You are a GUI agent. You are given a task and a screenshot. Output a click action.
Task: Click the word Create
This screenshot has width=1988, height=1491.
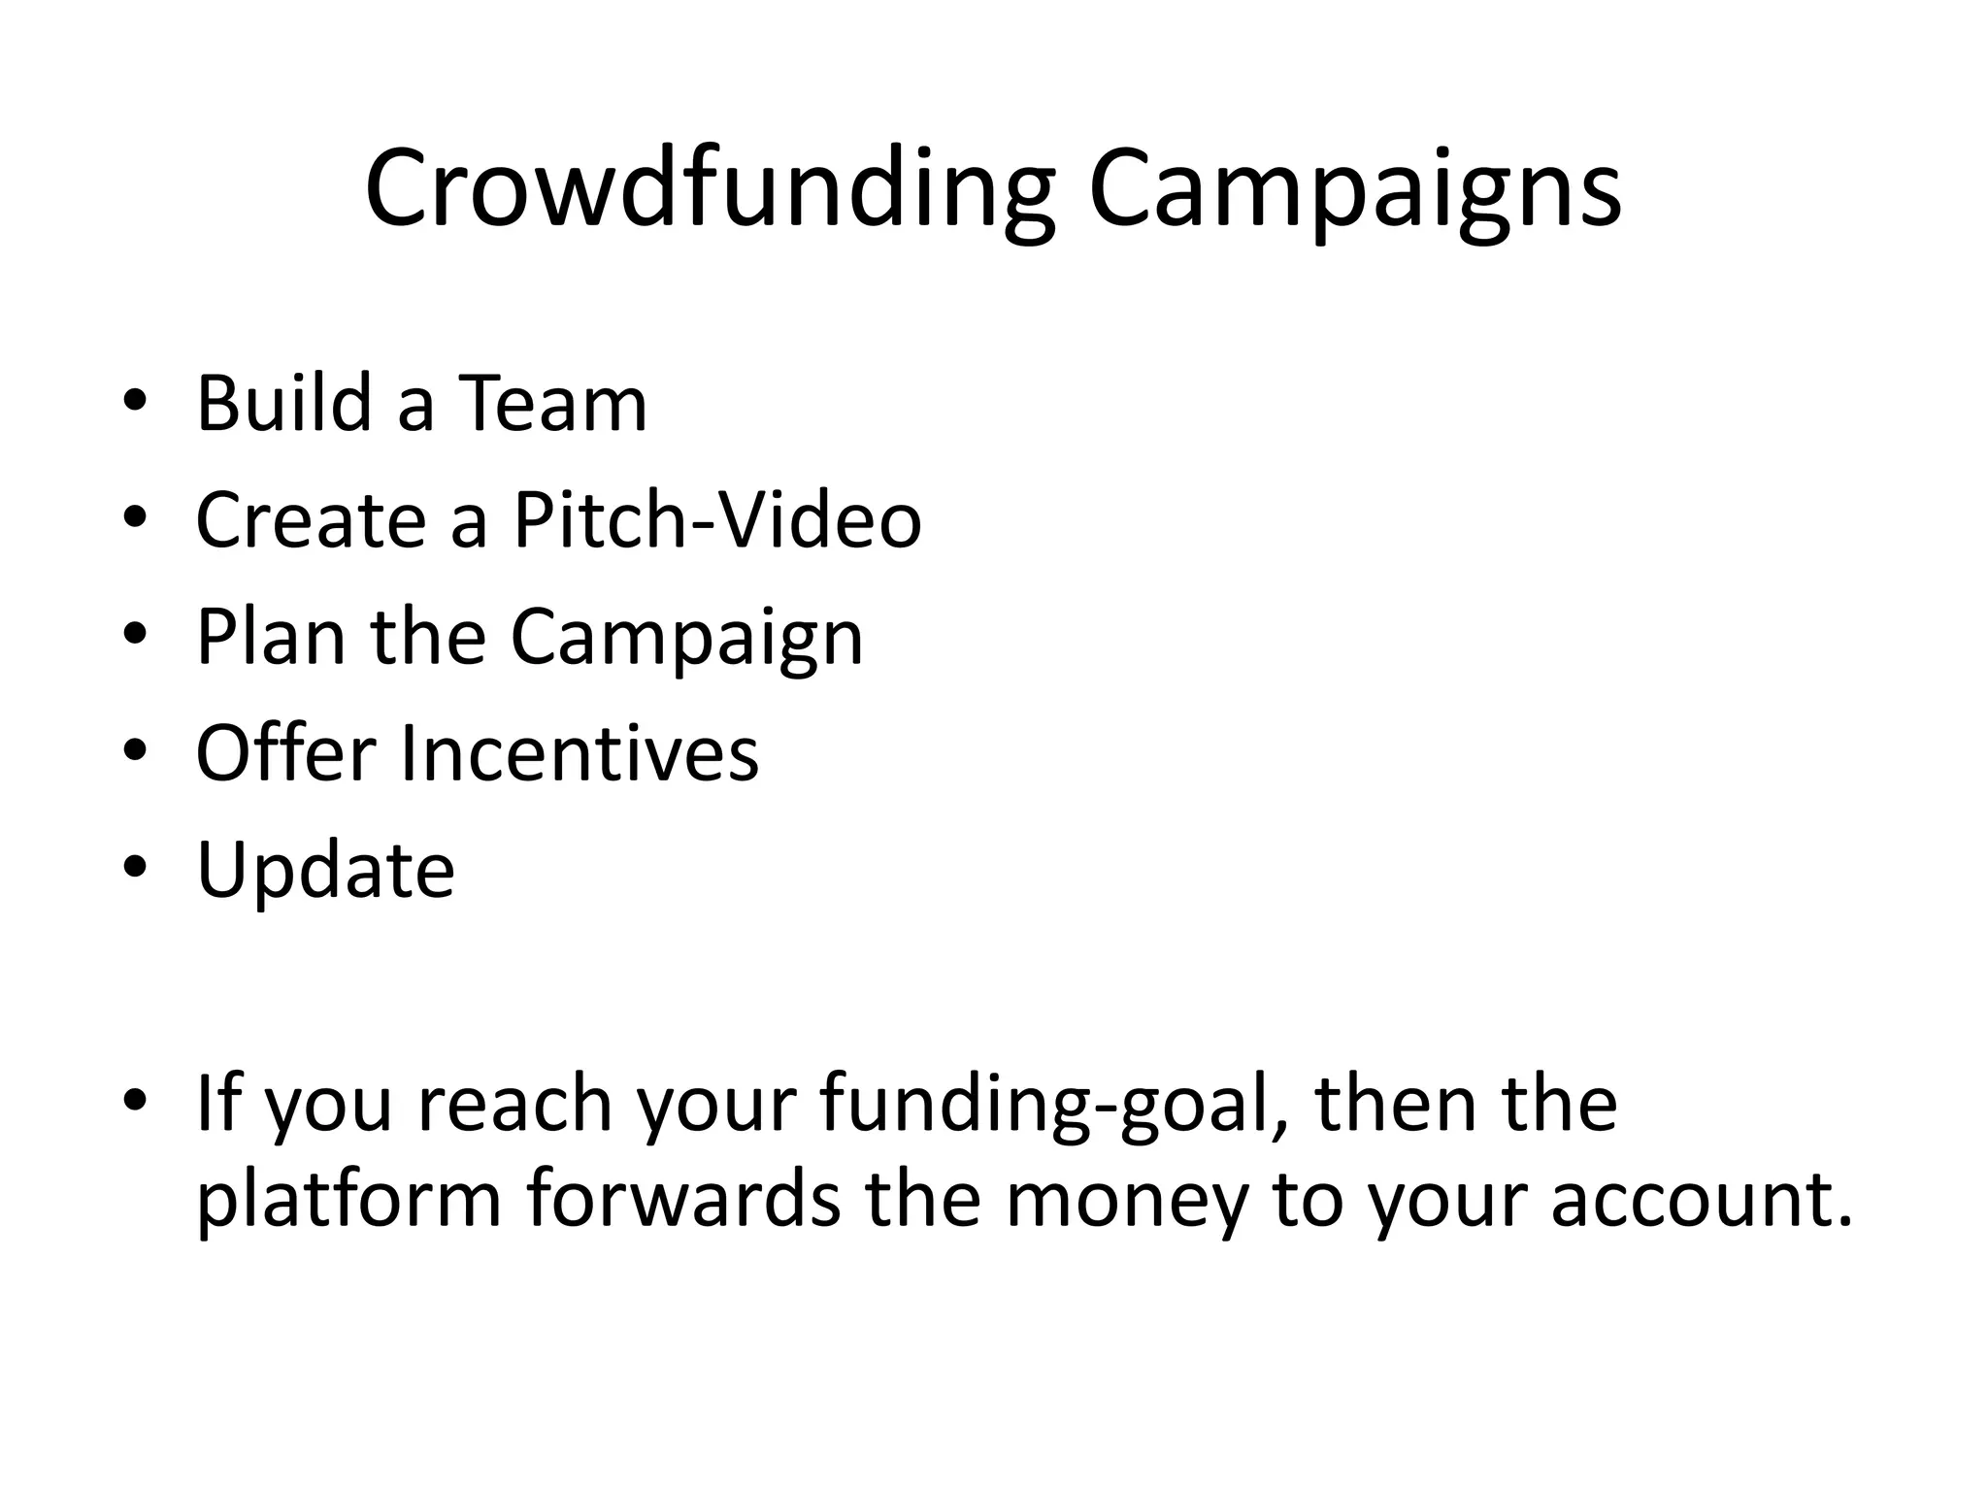pyautogui.click(x=311, y=520)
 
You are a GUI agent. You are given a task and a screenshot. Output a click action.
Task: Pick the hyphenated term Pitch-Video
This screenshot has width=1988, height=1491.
pyautogui.click(x=717, y=520)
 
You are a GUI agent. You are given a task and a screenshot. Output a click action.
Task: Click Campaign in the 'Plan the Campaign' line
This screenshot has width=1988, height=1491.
pyautogui.click(x=686, y=639)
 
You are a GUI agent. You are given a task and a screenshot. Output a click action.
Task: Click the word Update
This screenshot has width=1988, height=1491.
pyautogui.click(x=325, y=871)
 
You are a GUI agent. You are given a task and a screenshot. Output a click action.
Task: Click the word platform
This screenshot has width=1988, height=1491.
pyautogui.click(x=349, y=1202)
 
